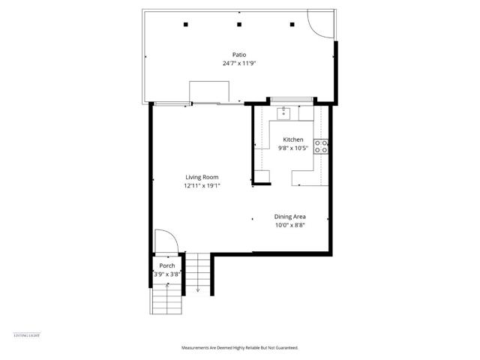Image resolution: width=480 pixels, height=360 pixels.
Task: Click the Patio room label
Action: coord(239,54)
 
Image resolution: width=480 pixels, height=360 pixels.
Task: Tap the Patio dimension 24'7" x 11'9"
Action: coord(239,63)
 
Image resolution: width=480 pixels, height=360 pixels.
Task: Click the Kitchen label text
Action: coord(292,139)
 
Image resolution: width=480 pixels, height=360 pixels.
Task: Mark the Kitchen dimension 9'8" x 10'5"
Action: coord(292,148)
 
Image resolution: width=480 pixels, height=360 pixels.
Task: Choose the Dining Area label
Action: coord(289,216)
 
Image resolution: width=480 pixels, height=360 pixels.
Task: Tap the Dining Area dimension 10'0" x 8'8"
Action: coord(289,225)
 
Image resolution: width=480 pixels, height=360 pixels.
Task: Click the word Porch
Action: coord(166,265)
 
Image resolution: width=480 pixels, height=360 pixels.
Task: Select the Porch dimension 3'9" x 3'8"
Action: coord(166,274)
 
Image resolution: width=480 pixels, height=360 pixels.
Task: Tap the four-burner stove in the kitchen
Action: coord(322,146)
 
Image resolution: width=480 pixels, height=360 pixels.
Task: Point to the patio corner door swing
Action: coord(319,27)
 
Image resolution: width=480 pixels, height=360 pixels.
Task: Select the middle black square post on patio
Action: coord(239,25)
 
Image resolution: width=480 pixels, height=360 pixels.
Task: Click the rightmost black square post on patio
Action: coord(292,25)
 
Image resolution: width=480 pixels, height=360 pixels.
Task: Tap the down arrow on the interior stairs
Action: coord(197,289)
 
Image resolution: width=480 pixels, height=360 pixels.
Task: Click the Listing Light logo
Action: coord(27,334)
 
